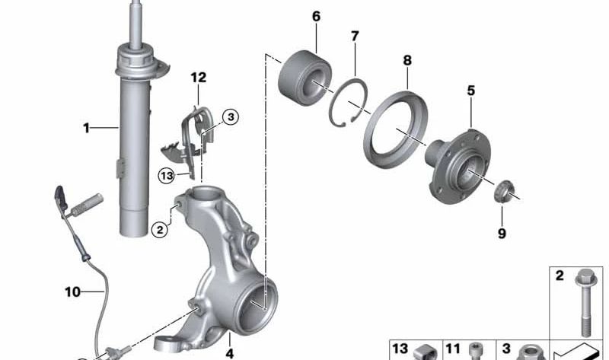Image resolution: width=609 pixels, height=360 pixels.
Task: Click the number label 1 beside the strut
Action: (x=87, y=129)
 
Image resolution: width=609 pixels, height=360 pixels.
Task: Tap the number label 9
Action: (x=502, y=234)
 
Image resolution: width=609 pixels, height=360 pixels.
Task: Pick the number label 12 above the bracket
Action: (x=198, y=78)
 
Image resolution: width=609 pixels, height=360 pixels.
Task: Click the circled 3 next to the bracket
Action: (x=230, y=116)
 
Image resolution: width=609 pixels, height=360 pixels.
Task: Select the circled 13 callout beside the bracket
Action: (x=167, y=176)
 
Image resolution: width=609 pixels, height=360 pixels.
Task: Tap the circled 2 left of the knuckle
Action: (x=158, y=228)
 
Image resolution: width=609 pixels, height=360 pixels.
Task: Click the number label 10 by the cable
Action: (x=72, y=291)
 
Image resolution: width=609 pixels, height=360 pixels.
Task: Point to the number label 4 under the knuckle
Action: (x=229, y=353)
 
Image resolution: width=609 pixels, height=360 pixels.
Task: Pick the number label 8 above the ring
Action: (x=407, y=59)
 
